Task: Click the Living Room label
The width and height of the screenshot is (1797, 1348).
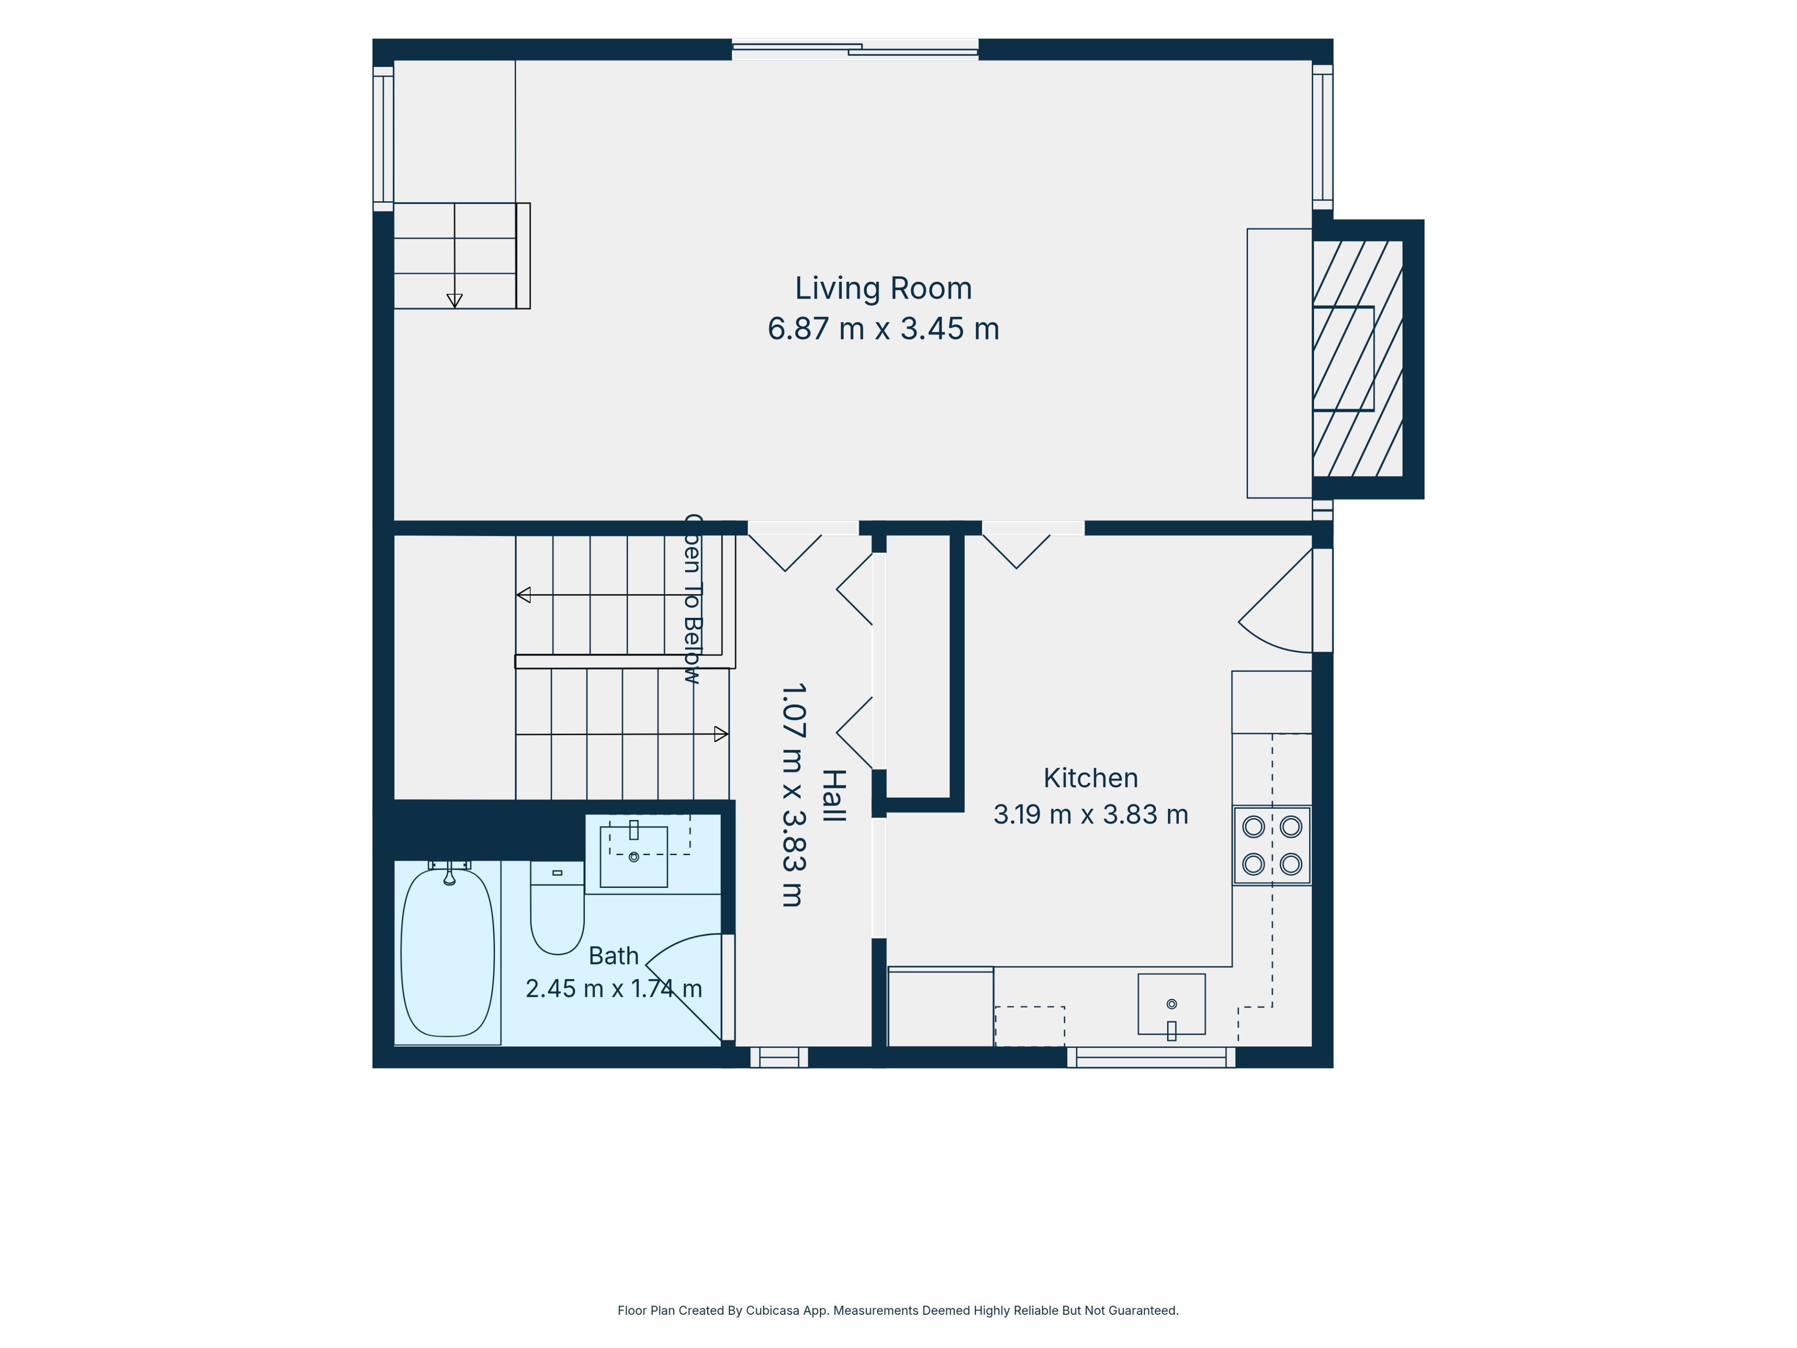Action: pos(883,288)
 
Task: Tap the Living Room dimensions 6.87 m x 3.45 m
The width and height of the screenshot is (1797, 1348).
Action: pos(883,329)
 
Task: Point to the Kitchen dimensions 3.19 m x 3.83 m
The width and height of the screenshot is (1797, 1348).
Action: pos(1090,814)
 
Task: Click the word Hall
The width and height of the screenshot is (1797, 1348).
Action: pos(834,796)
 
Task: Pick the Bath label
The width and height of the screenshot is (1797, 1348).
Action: pos(614,956)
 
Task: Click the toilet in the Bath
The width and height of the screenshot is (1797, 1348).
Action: pos(557,908)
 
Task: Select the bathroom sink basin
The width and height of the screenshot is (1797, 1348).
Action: pos(634,857)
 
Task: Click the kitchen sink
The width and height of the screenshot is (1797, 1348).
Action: pos(1171,1004)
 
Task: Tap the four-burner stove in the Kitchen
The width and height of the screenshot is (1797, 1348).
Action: pos(1272,845)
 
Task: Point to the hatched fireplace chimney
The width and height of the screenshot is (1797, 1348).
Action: pos(1359,359)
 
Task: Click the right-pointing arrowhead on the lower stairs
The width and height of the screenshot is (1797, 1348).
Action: pos(721,734)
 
